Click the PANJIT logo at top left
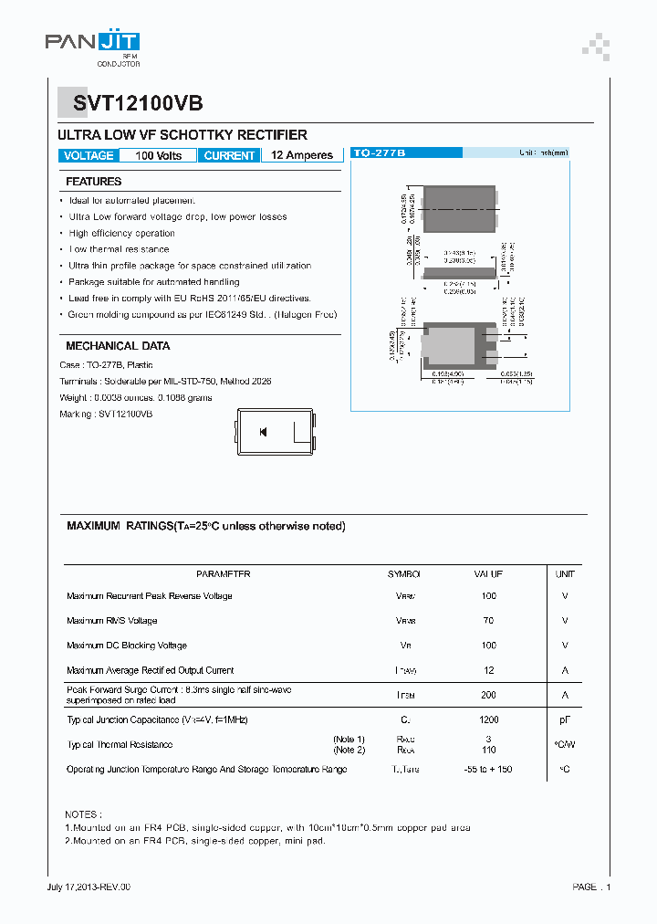click(92, 44)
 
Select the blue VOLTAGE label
click(89, 155)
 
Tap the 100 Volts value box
click(158, 155)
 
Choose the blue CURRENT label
click(229, 155)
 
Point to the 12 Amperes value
click(302, 155)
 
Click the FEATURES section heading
click(93, 182)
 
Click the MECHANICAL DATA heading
click(118, 346)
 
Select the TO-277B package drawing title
click(379, 153)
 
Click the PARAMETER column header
click(223, 574)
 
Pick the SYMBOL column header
click(404, 574)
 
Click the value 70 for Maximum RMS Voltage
click(488, 621)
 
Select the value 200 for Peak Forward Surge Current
click(488, 695)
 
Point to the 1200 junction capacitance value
click(488, 719)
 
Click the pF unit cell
click(565, 719)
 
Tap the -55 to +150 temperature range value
click(488, 769)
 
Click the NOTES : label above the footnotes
click(83, 813)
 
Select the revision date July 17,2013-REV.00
click(89, 887)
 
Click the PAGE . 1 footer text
click(591, 887)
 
